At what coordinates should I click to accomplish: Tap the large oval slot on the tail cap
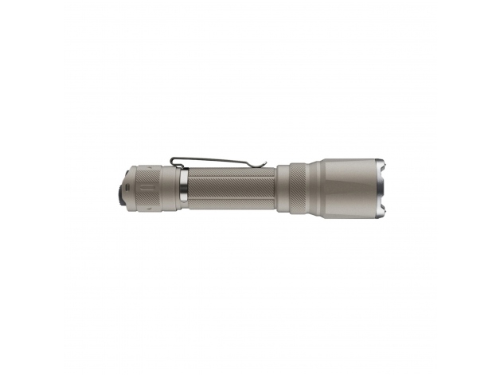click(x=146, y=188)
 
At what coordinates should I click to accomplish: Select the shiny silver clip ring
click(x=182, y=188)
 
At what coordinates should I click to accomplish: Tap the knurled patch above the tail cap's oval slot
click(x=146, y=173)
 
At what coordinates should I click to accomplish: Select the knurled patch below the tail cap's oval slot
click(x=146, y=203)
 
